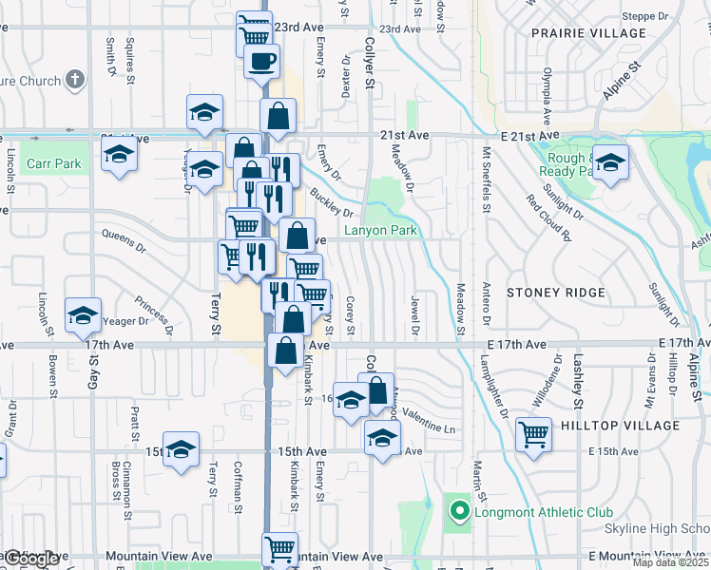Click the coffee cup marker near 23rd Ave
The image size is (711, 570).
(x=262, y=62)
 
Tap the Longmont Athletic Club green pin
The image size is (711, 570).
(x=460, y=513)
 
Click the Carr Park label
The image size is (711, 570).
(x=54, y=163)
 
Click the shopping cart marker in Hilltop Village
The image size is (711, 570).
(x=533, y=435)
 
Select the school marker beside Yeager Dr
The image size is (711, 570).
(x=83, y=314)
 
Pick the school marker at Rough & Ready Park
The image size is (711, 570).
(x=611, y=161)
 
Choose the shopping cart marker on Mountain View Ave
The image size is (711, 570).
(x=279, y=548)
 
